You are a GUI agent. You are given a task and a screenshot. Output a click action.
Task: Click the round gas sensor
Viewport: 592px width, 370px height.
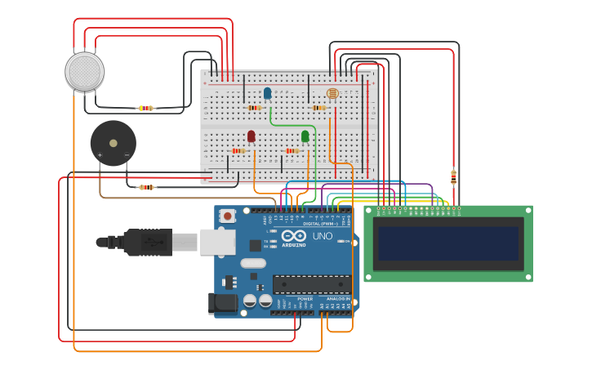(84, 72)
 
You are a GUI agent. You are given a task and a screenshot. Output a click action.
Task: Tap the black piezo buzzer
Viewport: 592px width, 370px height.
(113, 143)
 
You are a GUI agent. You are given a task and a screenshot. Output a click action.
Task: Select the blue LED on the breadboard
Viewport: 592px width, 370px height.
(267, 93)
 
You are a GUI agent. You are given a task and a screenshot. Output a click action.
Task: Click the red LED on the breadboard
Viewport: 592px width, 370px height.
(251, 136)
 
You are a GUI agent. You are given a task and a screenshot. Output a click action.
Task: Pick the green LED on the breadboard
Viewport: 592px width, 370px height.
(305, 136)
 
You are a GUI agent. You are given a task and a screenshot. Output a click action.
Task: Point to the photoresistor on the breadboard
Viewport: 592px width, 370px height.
(332, 94)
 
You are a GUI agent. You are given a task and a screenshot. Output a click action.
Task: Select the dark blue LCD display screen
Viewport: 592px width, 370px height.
(447, 243)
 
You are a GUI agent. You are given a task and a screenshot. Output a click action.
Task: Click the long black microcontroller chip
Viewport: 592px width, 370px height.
(312, 284)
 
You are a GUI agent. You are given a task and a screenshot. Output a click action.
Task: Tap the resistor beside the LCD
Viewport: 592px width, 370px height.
(453, 176)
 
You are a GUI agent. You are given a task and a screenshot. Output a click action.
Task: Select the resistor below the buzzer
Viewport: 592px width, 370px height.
(146, 187)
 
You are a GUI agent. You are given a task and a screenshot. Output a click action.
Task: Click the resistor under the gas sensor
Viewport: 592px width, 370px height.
(145, 108)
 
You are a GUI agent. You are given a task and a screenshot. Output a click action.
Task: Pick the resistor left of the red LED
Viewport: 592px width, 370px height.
(238, 150)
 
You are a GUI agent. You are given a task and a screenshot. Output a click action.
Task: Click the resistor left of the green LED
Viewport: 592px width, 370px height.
(292, 150)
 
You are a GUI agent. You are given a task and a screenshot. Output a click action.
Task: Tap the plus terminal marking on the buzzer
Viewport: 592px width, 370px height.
(100, 154)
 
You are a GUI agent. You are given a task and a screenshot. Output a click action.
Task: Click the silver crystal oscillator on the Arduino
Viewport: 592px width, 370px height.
(254, 263)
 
